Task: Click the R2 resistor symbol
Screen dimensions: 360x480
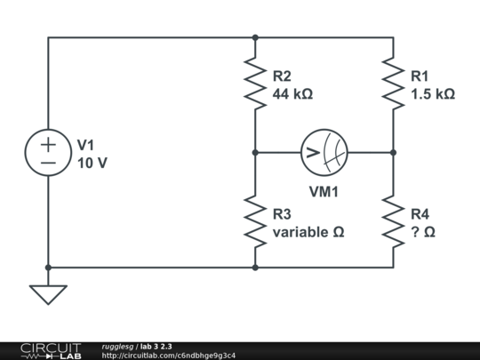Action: [x=255, y=84]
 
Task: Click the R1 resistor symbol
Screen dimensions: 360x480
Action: [x=393, y=84]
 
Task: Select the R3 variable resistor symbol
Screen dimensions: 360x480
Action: [x=255, y=221]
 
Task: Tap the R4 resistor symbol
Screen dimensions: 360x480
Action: [x=393, y=221]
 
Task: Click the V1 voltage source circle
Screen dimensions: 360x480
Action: [x=48, y=152]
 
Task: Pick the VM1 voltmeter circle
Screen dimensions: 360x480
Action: [x=324, y=152]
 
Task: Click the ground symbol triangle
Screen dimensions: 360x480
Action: [x=48, y=292]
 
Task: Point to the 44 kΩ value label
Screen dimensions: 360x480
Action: [x=292, y=93]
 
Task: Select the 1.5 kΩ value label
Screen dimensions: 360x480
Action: [x=433, y=93]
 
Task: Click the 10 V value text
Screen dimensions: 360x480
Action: [x=95, y=162]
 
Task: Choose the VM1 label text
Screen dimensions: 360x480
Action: [x=324, y=191]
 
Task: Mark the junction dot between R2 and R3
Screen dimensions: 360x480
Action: [x=255, y=152]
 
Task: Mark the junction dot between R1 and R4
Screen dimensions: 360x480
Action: [x=393, y=152]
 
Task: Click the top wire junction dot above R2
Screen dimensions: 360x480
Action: [x=255, y=37]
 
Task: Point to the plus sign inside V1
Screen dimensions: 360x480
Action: [x=48, y=142]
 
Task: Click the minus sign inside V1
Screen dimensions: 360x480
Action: [x=48, y=164]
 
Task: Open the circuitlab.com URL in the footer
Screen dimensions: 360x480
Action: [x=169, y=356]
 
